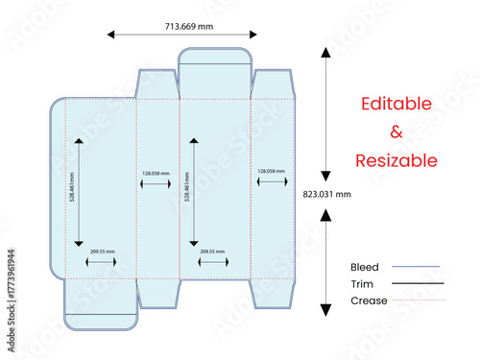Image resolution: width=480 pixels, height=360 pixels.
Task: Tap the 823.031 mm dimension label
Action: click(327, 194)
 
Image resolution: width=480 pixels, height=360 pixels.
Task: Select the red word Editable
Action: click(396, 104)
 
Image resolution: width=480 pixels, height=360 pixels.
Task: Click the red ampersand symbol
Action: click(396, 132)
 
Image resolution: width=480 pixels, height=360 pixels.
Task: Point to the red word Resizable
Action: click(396, 160)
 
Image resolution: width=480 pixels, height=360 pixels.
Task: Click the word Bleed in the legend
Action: click(365, 267)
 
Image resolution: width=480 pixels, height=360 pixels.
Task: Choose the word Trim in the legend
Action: click(362, 284)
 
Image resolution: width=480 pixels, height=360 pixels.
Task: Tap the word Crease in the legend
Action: click(369, 301)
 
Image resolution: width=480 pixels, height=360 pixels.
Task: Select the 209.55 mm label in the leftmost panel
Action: click(103, 252)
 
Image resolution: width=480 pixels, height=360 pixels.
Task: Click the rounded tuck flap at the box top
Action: click(215, 56)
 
